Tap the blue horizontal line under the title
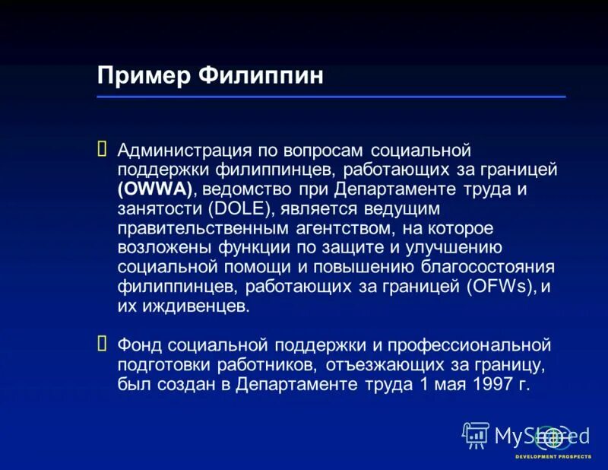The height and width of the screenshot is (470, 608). point(331,97)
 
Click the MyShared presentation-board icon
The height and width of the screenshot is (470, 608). point(476,435)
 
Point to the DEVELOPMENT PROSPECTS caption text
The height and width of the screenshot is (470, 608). point(552,456)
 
